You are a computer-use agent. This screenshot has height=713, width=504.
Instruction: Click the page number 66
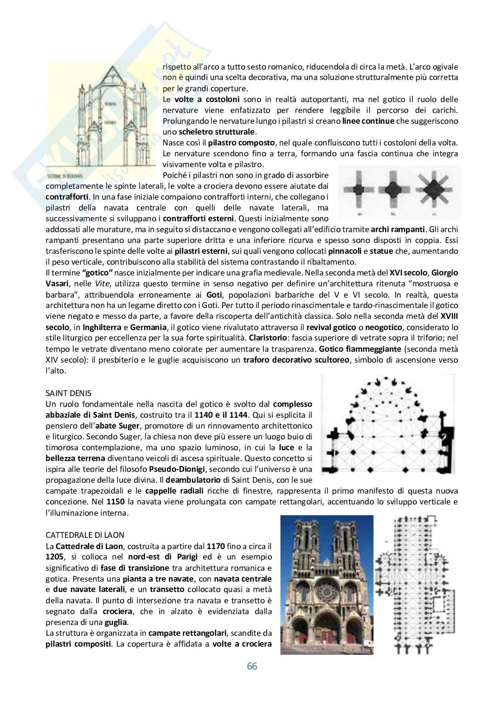252,666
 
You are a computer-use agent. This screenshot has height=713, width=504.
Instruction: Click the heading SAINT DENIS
69,393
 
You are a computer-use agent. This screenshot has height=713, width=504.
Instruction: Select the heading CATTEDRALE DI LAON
85,535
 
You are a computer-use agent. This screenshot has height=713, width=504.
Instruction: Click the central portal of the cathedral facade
327,632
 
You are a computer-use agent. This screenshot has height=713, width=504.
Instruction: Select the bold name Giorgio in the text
444,273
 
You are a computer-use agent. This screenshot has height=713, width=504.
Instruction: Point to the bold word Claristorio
266,338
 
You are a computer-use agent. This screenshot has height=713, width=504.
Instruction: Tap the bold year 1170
214,546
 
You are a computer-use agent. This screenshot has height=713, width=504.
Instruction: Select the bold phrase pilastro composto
242,143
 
